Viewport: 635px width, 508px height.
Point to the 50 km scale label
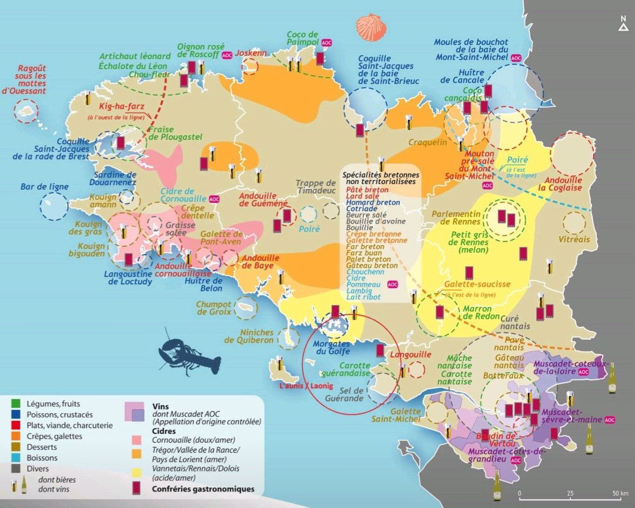(x=620, y=493)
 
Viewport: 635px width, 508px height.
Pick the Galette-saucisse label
(x=477, y=284)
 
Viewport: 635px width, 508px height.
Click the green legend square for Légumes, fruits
(x=16, y=404)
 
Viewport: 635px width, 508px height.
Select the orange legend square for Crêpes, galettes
(x=16, y=436)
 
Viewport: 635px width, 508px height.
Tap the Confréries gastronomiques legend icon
(x=136, y=488)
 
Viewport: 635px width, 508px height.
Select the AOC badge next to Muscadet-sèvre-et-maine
(x=610, y=420)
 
